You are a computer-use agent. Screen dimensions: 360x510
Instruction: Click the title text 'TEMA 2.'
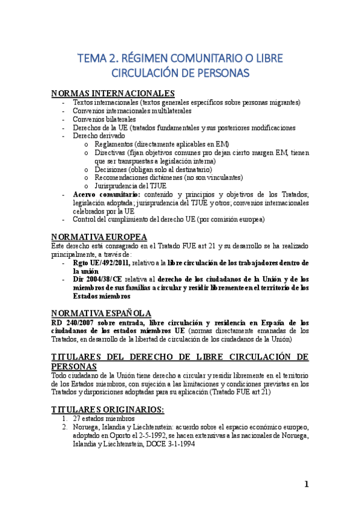[97, 58]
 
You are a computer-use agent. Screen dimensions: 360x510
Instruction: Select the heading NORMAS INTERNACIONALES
[113, 93]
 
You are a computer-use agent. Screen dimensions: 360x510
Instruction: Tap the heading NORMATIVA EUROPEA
[99, 236]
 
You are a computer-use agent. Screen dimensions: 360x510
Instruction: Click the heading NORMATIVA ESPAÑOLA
[101, 313]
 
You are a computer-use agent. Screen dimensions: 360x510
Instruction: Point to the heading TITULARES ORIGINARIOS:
[108, 409]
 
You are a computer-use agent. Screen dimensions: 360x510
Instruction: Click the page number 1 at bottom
[307, 485]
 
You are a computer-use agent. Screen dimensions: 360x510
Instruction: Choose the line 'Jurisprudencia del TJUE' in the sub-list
[132, 186]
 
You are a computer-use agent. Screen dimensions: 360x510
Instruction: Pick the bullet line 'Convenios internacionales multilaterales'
[132, 111]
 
